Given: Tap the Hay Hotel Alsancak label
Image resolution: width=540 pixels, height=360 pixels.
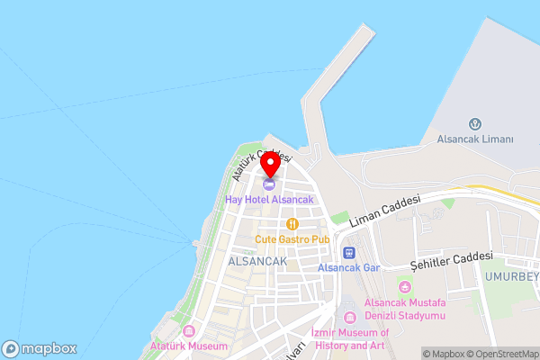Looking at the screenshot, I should click(269, 198).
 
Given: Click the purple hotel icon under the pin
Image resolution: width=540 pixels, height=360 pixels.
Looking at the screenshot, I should click(270, 184).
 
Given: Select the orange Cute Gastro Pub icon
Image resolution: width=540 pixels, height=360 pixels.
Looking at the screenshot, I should click(292, 224).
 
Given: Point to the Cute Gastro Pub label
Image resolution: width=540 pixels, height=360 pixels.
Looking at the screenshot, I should click(292, 239).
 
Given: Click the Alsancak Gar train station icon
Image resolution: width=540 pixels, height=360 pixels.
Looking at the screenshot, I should click(350, 253).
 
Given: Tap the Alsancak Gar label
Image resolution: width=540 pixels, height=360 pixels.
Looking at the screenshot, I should click(350, 267).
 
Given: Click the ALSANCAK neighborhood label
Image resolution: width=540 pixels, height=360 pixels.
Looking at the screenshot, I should click(257, 260).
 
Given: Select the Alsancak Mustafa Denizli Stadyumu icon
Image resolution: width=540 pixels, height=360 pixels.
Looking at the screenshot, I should click(404, 287).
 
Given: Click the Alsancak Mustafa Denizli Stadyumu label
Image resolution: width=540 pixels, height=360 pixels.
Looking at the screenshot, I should click(405, 310).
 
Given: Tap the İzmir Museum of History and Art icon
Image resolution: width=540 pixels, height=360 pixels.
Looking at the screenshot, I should click(350, 317).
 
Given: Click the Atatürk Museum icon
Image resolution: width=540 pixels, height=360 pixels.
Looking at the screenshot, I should click(188, 331).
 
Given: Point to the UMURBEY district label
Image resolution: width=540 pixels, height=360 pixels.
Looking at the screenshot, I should click(513, 276).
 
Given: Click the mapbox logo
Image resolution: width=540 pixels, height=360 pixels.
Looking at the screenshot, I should click(40, 349).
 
